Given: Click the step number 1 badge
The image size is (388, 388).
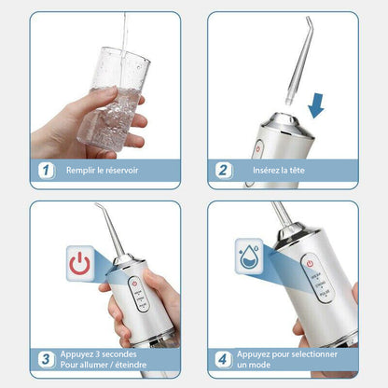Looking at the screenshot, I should [46, 171].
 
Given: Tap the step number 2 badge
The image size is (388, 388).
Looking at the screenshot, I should [224, 171].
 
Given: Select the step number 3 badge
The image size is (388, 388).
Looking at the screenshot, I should [46, 359].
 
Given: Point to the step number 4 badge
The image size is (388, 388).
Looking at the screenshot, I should [224, 359].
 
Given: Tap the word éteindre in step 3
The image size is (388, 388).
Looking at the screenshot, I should [130, 366].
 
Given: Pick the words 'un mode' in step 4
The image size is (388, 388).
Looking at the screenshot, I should [255, 366].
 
